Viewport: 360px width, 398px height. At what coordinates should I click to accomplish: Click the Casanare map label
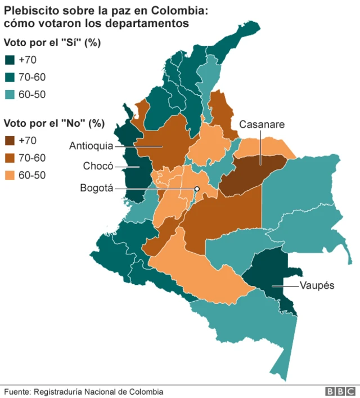(262, 124)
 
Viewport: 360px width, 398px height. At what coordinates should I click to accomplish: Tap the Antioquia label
(91, 146)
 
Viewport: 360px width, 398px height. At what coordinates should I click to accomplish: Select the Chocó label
(98, 166)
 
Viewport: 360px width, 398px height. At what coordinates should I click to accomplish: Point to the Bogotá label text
(96, 188)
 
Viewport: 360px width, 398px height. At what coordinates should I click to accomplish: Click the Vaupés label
(317, 285)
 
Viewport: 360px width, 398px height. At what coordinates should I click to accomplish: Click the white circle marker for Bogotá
(197, 189)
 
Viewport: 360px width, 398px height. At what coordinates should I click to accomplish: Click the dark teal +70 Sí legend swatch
(10, 60)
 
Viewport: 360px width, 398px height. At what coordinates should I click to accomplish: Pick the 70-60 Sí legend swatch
(10, 78)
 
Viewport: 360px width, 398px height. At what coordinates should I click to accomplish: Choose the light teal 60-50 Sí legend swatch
(10, 95)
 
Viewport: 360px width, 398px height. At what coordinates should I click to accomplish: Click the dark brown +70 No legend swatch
(10, 141)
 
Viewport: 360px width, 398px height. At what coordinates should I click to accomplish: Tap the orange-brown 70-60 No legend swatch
(10, 158)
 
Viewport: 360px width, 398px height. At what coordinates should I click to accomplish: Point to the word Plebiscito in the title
(28, 10)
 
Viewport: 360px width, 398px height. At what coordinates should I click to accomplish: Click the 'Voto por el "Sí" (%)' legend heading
(52, 43)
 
